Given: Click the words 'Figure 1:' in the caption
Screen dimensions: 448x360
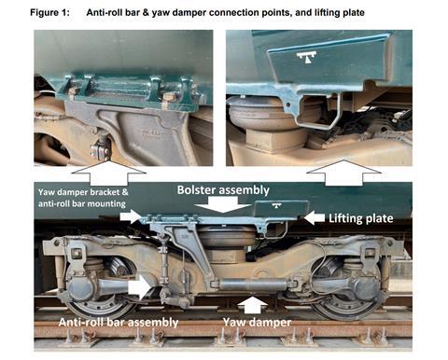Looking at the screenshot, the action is (x=49, y=13).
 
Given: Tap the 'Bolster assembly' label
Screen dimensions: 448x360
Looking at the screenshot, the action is (x=223, y=190).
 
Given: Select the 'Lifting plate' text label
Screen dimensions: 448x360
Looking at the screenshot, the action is (x=361, y=218).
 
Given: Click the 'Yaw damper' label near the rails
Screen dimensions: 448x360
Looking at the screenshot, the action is (x=258, y=323).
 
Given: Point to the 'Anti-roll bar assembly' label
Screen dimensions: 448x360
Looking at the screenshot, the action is (x=119, y=323).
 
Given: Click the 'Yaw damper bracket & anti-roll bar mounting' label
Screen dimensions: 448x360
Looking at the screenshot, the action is (x=83, y=198).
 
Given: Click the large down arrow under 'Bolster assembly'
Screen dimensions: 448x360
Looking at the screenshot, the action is (x=223, y=204).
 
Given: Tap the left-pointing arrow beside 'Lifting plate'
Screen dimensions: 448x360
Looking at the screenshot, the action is (x=314, y=217).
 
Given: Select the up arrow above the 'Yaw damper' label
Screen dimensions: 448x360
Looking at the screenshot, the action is (x=253, y=305).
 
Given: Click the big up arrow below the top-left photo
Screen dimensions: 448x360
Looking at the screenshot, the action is (x=108, y=173).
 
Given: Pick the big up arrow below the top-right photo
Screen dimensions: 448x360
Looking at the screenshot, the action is (x=343, y=173).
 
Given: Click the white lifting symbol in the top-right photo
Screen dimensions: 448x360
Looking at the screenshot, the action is (x=306, y=57).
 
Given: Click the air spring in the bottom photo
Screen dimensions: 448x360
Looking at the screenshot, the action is (x=227, y=237).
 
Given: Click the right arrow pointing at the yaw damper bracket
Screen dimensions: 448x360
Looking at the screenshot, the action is (x=131, y=216).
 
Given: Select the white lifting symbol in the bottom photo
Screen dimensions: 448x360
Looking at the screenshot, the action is (x=276, y=205).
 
